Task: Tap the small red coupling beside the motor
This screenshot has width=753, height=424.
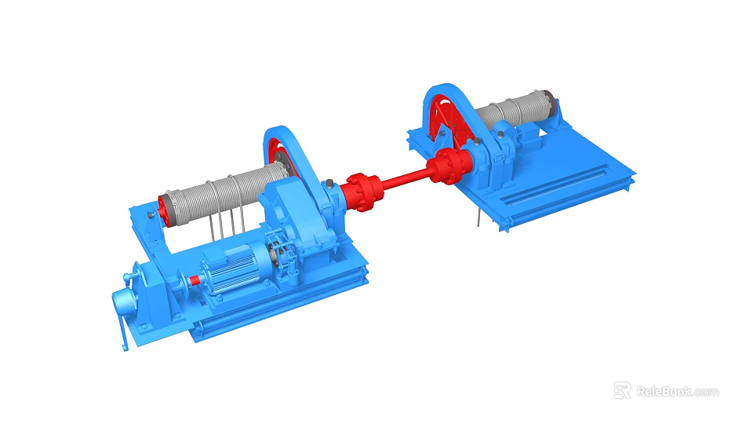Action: coord(194,279)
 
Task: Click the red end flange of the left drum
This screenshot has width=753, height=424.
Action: coord(164,207)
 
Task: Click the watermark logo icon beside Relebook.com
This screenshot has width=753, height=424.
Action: coord(622,390)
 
